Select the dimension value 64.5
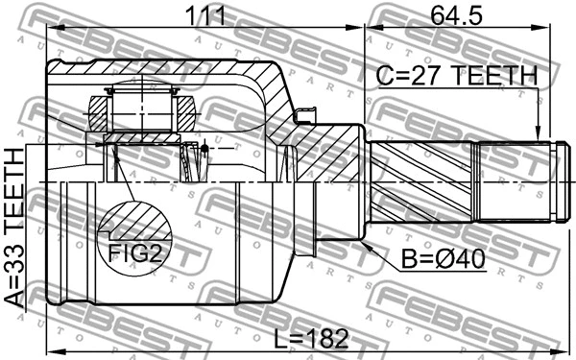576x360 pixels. click(x=461, y=14)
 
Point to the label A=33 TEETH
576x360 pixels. click(x=15, y=228)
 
